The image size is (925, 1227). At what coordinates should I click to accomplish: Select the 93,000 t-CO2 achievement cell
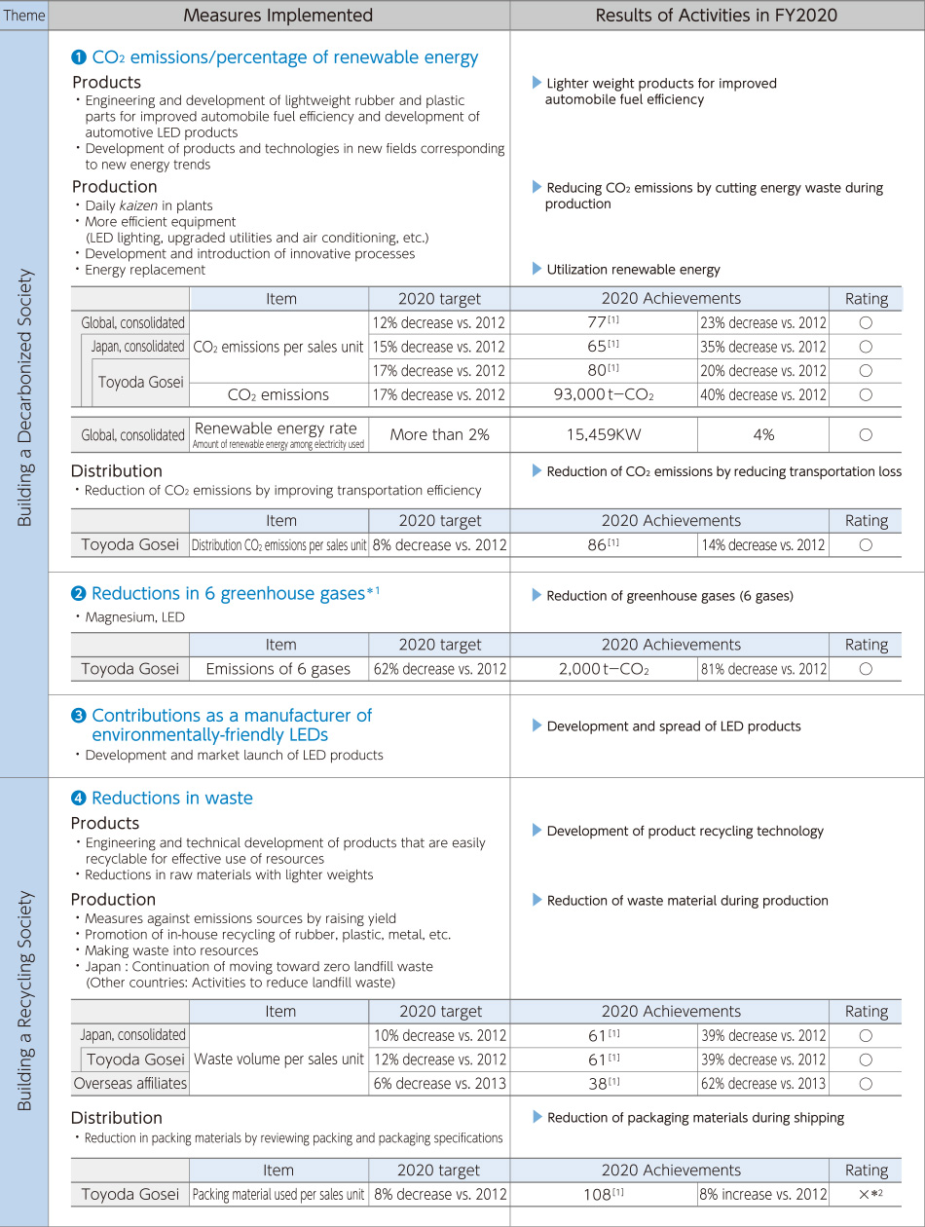point(604,395)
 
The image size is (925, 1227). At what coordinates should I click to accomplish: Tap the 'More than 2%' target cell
point(439,435)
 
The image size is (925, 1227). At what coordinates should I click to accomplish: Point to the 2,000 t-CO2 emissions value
point(604,670)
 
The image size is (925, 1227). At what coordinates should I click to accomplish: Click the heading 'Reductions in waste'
point(171,799)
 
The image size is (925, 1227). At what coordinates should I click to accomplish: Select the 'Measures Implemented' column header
point(277,15)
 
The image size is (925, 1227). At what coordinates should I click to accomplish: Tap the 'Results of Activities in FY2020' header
point(716,15)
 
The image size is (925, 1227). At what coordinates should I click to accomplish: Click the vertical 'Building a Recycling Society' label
point(24,1000)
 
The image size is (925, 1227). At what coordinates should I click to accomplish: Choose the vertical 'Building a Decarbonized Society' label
point(24,397)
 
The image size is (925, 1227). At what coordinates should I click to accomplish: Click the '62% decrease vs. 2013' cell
point(761,1084)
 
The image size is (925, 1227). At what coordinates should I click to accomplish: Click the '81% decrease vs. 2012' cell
point(761,670)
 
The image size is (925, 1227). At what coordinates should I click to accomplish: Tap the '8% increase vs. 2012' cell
point(761,1195)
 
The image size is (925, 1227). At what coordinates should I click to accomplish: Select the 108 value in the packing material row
point(599,1195)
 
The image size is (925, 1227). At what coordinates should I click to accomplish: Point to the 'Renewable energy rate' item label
point(275,428)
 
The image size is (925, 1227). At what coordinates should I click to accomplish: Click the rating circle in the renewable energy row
point(866,435)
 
